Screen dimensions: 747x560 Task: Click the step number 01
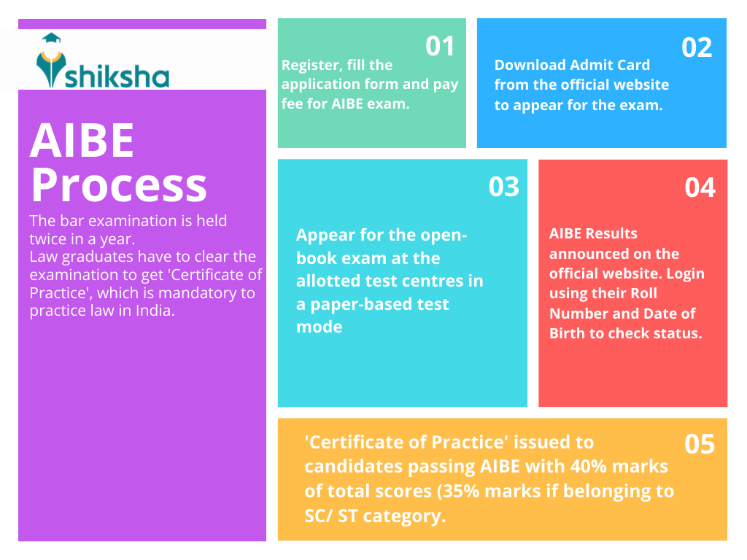(x=440, y=46)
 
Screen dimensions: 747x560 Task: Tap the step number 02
(x=697, y=47)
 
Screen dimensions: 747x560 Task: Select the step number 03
(x=503, y=187)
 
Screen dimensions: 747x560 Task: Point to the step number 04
(x=700, y=187)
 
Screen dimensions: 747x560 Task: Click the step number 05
(x=700, y=444)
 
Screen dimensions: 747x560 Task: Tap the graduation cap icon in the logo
(x=52, y=38)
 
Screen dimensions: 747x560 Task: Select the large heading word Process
(x=119, y=185)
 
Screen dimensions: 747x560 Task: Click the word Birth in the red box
(x=568, y=332)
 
